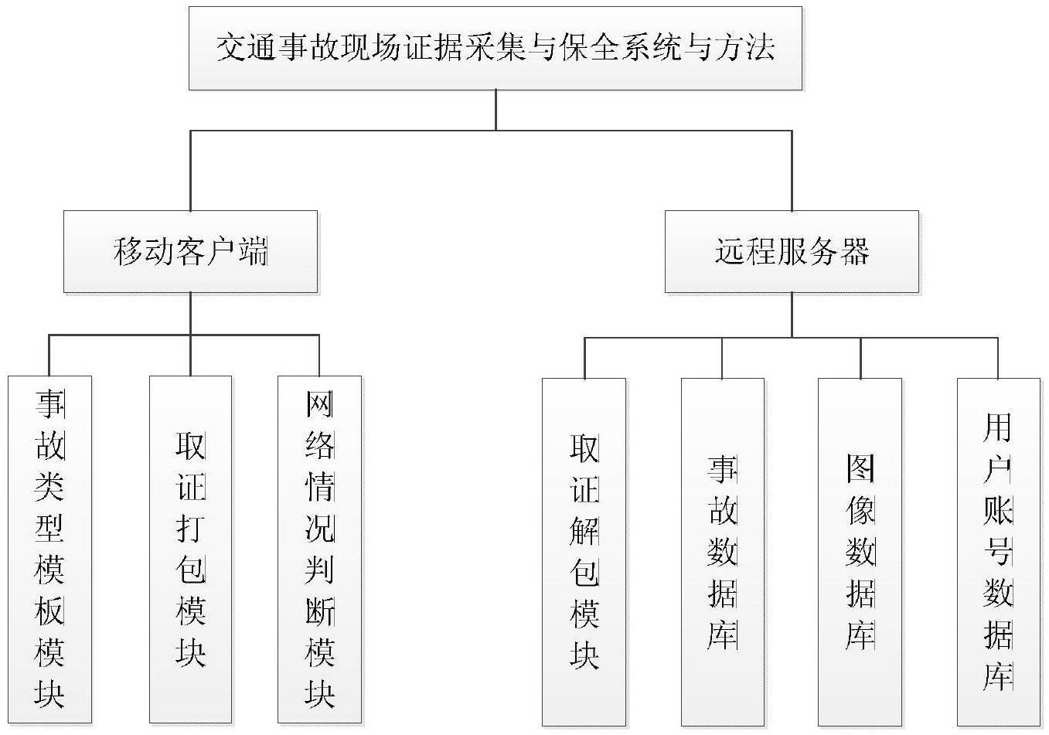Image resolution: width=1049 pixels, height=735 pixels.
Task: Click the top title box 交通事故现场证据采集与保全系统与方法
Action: (x=496, y=48)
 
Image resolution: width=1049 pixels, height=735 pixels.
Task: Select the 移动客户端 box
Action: (x=191, y=252)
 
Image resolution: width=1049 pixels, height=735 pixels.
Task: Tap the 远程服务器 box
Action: (x=792, y=252)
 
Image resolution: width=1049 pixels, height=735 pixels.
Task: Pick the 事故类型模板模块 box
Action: (x=49, y=550)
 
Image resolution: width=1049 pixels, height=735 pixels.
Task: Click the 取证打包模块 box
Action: (x=191, y=550)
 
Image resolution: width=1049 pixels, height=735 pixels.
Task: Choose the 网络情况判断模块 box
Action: (x=320, y=550)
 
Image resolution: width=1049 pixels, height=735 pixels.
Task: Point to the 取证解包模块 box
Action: (x=584, y=553)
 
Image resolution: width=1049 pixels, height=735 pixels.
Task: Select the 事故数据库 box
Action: (x=723, y=553)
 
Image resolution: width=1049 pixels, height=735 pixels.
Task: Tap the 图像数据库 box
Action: (x=860, y=553)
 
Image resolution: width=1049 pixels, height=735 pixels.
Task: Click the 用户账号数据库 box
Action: (x=999, y=553)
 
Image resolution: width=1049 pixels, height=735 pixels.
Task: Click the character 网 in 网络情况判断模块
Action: (x=320, y=404)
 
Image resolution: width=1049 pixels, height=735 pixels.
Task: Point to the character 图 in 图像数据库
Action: (x=860, y=468)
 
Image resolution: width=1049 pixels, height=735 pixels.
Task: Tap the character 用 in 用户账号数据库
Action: (x=998, y=427)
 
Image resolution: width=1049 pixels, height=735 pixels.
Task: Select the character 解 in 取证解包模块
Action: (x=584, y=532)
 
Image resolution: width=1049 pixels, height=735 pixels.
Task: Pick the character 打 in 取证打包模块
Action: (x=191, y=529)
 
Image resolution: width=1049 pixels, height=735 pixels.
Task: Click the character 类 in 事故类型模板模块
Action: (x=49, y=487)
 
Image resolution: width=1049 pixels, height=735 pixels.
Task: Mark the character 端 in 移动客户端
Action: (x=253, y=252)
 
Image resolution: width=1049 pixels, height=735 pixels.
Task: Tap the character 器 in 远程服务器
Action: (x=855, y=252)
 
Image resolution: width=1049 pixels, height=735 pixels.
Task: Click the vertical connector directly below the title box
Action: (x=496, y=110)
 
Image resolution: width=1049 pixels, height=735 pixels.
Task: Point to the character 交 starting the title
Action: (x=232, y=47)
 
